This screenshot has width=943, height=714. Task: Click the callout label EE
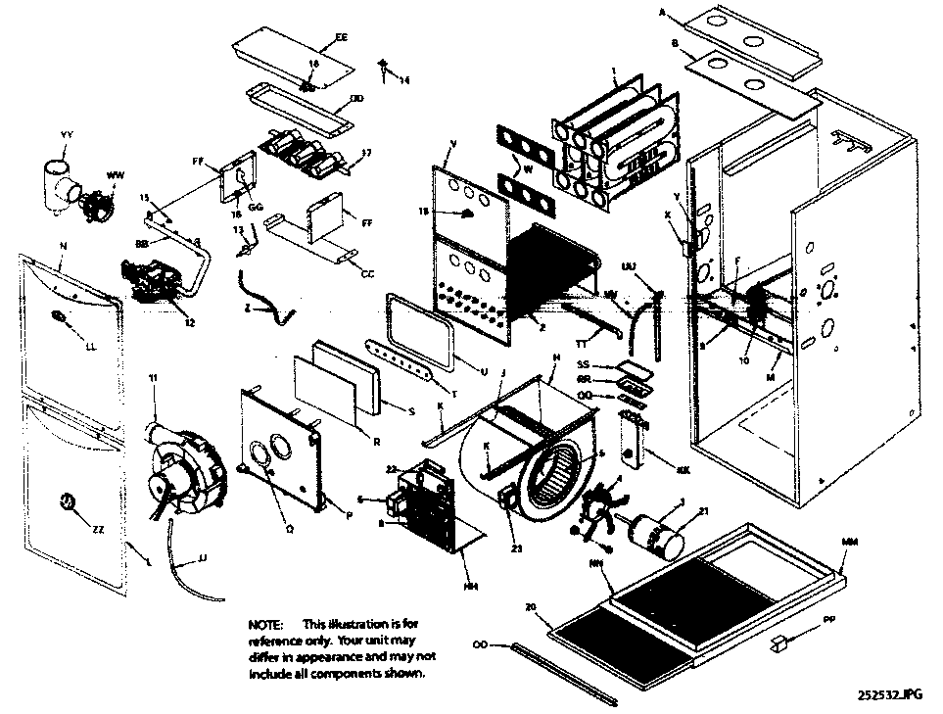[x=342, y=37]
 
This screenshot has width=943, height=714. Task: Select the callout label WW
[x=115, y=175]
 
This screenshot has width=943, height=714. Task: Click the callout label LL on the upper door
[x=91, y=348]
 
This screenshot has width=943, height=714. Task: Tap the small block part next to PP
[x=779, y=643]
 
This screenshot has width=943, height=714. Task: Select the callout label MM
[x=848, y=540]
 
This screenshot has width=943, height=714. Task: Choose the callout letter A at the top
[x=663, y=14]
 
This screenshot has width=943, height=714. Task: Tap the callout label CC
[x=367, y=274]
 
